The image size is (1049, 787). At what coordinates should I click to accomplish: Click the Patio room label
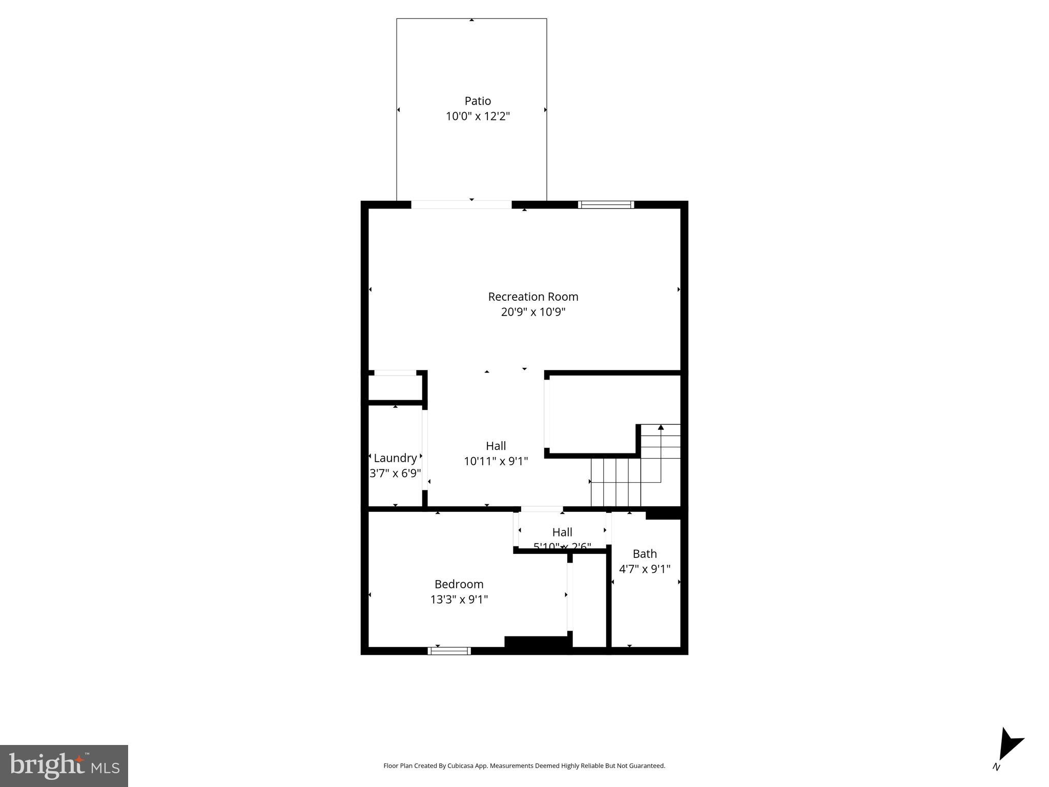[478, 101]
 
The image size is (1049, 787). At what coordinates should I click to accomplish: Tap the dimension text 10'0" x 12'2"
[478, 116]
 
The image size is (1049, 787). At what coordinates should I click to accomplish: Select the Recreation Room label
[533, 297]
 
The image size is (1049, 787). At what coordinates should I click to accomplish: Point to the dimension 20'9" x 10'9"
[533, 312]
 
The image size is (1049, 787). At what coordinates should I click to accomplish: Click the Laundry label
[395, 458]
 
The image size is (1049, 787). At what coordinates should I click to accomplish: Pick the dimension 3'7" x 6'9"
[395, 473]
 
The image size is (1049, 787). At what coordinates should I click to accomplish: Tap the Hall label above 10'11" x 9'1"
[496, 446]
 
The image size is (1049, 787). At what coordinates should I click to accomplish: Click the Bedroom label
[459, 584]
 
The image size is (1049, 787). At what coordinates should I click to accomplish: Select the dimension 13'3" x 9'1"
[459, 599]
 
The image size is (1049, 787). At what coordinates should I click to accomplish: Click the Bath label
[645, 554]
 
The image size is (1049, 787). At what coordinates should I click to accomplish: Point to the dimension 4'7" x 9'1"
[645, 569]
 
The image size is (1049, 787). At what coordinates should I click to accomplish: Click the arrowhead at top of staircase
[661, 427]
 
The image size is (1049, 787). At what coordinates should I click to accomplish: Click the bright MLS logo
[64, 765]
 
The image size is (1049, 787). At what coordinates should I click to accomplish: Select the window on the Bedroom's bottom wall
[449, 651]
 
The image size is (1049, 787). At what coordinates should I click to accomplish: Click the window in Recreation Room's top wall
[606, 205]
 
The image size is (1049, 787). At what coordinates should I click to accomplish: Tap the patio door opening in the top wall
[461, 205]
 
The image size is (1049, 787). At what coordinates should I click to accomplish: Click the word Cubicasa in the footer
[460, 766]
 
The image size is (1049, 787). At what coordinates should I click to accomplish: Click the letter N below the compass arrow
[996, 767]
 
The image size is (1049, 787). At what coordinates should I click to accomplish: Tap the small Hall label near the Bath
[562, 532]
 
